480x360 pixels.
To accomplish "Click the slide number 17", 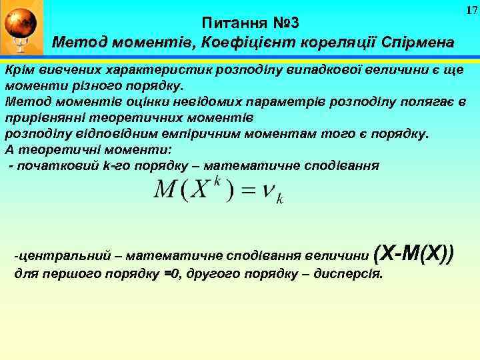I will click(471, 10).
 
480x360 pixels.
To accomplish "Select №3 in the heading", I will click(281, 23).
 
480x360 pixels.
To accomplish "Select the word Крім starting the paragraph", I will click(20, 71).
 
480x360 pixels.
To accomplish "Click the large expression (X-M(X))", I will click(414, 253).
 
